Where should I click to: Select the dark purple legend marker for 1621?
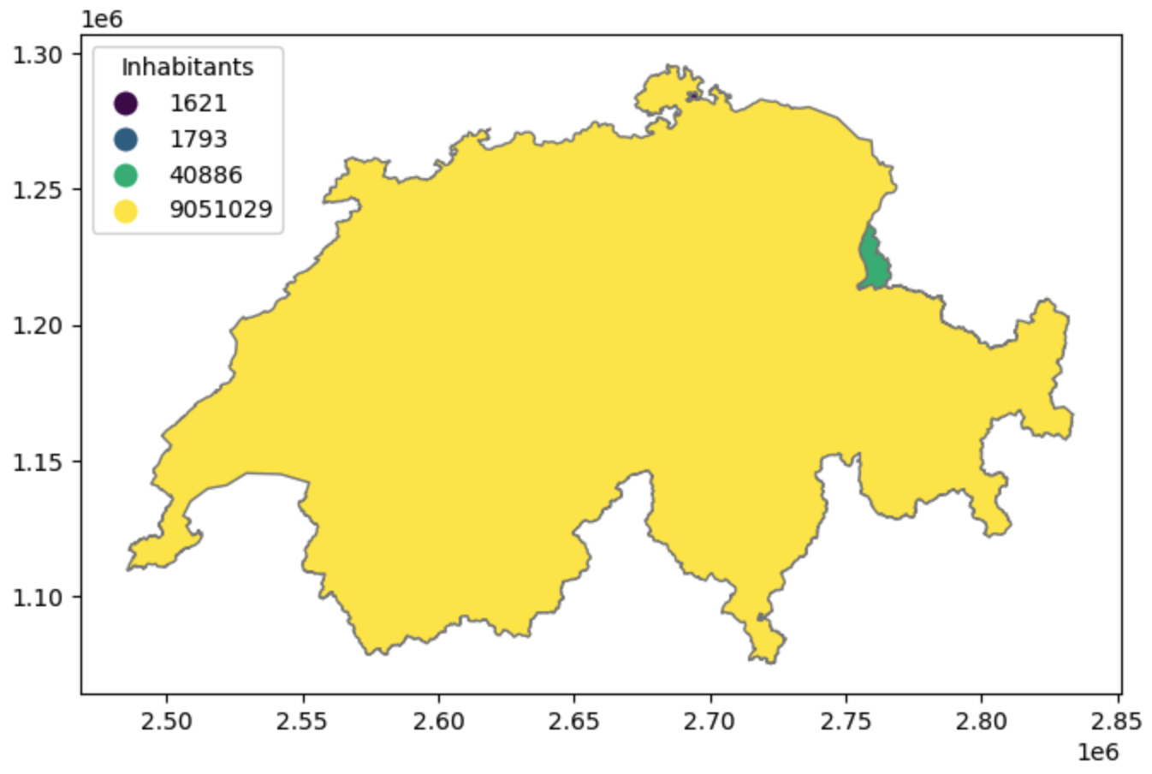coord(126,104)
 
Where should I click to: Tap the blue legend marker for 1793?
coord(126,139)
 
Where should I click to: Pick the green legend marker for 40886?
coord(126,175)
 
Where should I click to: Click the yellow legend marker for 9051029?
coord(126,210)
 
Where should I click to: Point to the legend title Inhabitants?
coord(187,67)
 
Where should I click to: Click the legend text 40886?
coord(205,175)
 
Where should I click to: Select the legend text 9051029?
coord(221,210)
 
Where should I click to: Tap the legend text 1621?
coord(198,104)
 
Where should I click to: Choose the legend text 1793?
coord(198,139)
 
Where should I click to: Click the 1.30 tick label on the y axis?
coord(38,55)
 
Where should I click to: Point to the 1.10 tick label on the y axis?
coord(38,598)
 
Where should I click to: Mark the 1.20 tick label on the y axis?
coord(38,326)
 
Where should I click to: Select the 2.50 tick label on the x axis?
coord(167,721)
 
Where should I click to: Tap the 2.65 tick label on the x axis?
coord(574,721)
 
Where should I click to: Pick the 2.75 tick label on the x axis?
coord(846,721)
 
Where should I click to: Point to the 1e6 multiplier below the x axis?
coord(1097,753)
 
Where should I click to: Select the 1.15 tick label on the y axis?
coord(38,462)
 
